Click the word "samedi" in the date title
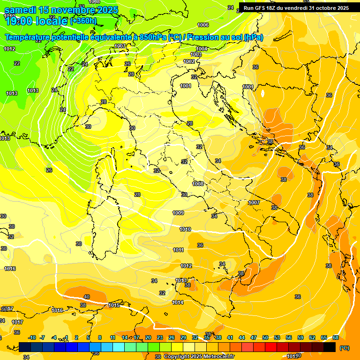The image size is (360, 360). coord(21,10)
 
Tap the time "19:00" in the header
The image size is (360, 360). coord(19,21)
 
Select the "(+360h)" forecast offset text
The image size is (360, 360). coord(83,21)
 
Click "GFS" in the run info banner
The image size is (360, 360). coord(262,8)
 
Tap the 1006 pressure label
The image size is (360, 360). coord(203,25)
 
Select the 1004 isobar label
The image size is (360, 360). coord(202,49)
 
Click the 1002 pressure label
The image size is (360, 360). coord(189,61)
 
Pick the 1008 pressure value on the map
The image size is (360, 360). coord(198,184)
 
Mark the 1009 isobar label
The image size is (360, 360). coord(178,213)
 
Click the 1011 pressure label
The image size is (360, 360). coord(178,250)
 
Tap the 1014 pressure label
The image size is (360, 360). coord(178,302)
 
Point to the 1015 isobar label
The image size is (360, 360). coord(114,305)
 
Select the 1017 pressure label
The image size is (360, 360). coord(17,322)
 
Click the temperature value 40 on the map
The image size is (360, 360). coord(86,297)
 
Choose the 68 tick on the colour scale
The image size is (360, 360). coord(336,337)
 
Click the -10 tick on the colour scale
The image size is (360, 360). coord(32,337)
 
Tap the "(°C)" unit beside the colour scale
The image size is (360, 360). coord(344,348)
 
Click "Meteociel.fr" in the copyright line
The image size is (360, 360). coord(219,356)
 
